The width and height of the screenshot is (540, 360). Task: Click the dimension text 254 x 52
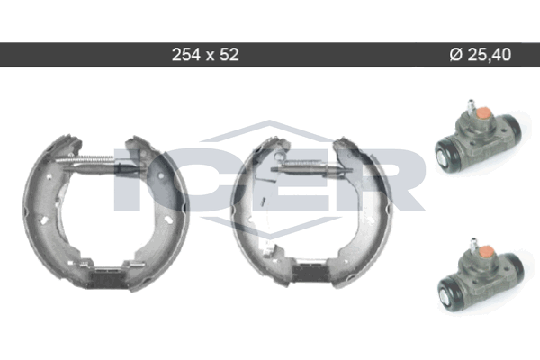click(205, 54)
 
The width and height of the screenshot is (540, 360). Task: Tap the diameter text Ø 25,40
click(481, 54)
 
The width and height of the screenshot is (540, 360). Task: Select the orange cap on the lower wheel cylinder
click(486, 253)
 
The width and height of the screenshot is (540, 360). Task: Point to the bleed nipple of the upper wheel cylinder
click(471, 106)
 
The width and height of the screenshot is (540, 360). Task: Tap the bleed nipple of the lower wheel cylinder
click(474, 245)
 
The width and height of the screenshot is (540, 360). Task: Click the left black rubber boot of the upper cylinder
click(447, 154)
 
